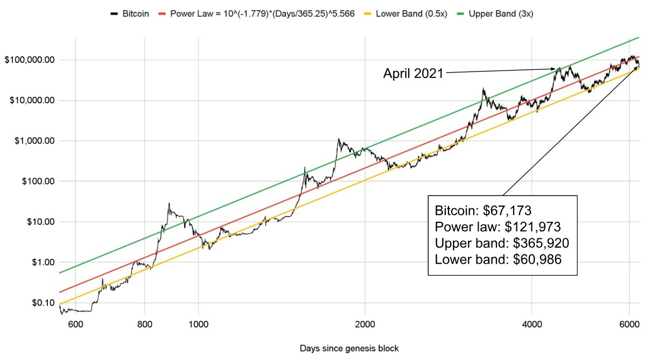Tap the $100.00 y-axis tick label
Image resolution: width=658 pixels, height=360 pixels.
(x=38, y=181)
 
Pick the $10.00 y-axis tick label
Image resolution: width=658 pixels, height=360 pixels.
(x=40, y=222)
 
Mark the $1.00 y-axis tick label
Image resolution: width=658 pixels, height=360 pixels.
(x=42, y=262)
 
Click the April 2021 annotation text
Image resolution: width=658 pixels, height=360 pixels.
(x=413, y=74)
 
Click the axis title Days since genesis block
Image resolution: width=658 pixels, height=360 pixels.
(x=349, y=348)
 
